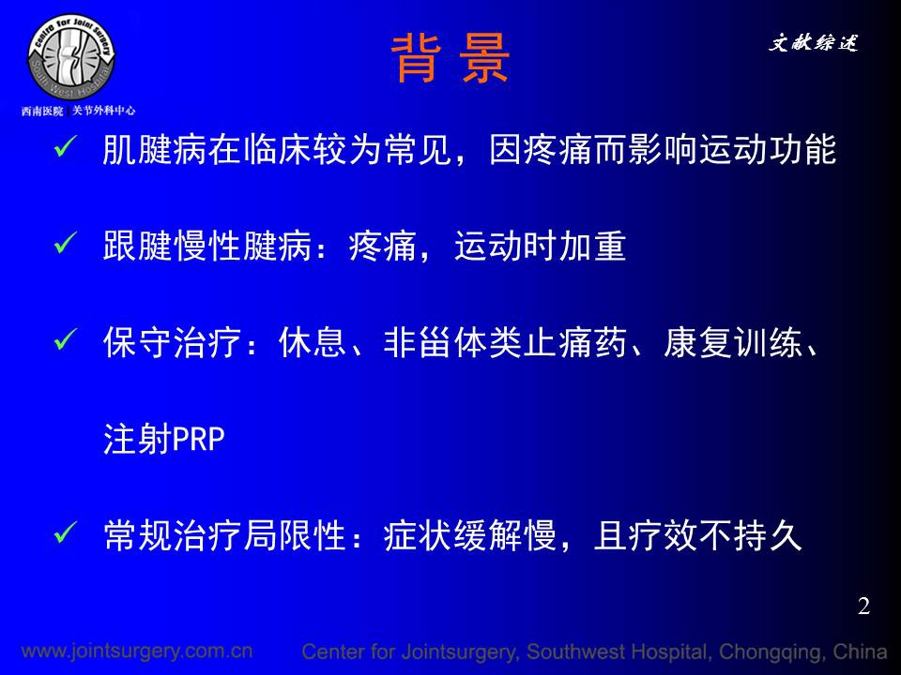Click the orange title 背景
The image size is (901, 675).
point(450,58)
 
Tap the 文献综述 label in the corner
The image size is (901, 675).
point(813,42)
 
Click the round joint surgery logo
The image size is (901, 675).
point(71,57)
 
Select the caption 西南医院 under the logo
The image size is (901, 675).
point(42,111)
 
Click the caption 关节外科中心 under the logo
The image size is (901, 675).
point(103,111)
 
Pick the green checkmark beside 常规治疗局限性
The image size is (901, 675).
point(66,532)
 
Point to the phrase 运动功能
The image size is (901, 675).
point(767,150)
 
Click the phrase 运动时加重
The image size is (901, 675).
point(541,247)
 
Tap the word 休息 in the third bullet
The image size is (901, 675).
point(313,343)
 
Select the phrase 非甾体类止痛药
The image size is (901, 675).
point(505,343)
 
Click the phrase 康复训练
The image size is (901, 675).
point(732,343)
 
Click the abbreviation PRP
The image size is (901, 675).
point(198,440)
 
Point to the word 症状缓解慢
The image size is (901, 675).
point(470,535)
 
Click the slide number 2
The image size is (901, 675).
point(863,607)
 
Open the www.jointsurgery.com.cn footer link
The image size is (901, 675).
point(137,651)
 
